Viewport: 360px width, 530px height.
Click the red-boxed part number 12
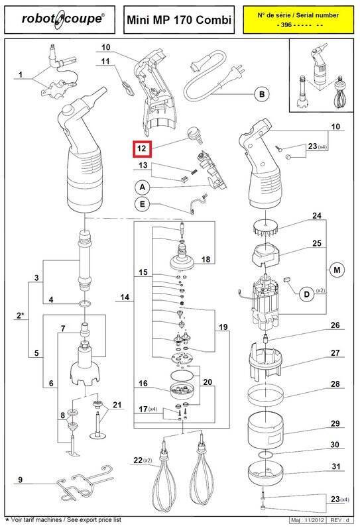(x=142, y=148)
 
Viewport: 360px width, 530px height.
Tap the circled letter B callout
(x=261, y=94)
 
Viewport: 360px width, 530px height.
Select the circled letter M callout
(x=337, y=270)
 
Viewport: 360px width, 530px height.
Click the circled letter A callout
(x=143, y=187)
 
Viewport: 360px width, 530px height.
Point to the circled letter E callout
(x=143, y=204)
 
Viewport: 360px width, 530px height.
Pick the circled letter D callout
(x=307, y=294)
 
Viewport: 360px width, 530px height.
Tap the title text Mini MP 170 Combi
(x=179, y=20)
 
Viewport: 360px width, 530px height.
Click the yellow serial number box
(x=298, y=20)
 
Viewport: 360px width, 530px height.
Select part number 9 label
(x=21, y=480)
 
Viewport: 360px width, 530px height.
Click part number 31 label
(x=335, y=466)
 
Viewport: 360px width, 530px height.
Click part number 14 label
(x=125, y=297)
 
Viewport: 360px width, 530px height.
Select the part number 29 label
(x=335, y=423)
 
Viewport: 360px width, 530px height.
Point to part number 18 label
(x=206, y=259)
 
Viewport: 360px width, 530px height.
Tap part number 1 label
(x=21, y=74)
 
